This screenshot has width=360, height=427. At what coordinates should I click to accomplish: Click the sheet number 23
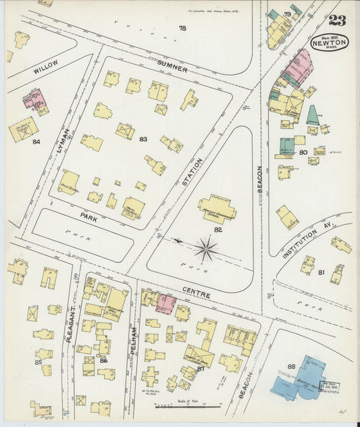coord(338,20)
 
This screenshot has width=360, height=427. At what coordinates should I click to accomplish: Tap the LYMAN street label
coord(63,140)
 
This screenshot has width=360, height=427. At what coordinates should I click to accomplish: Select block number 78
coord(182,28)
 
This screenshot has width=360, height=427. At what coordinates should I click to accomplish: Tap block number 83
coord(143,139)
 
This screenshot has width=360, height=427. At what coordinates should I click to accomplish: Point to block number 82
coord(218,230)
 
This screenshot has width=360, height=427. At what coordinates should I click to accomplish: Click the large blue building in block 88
coord(301,378)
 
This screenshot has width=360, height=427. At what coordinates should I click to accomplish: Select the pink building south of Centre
coord(165,303)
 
